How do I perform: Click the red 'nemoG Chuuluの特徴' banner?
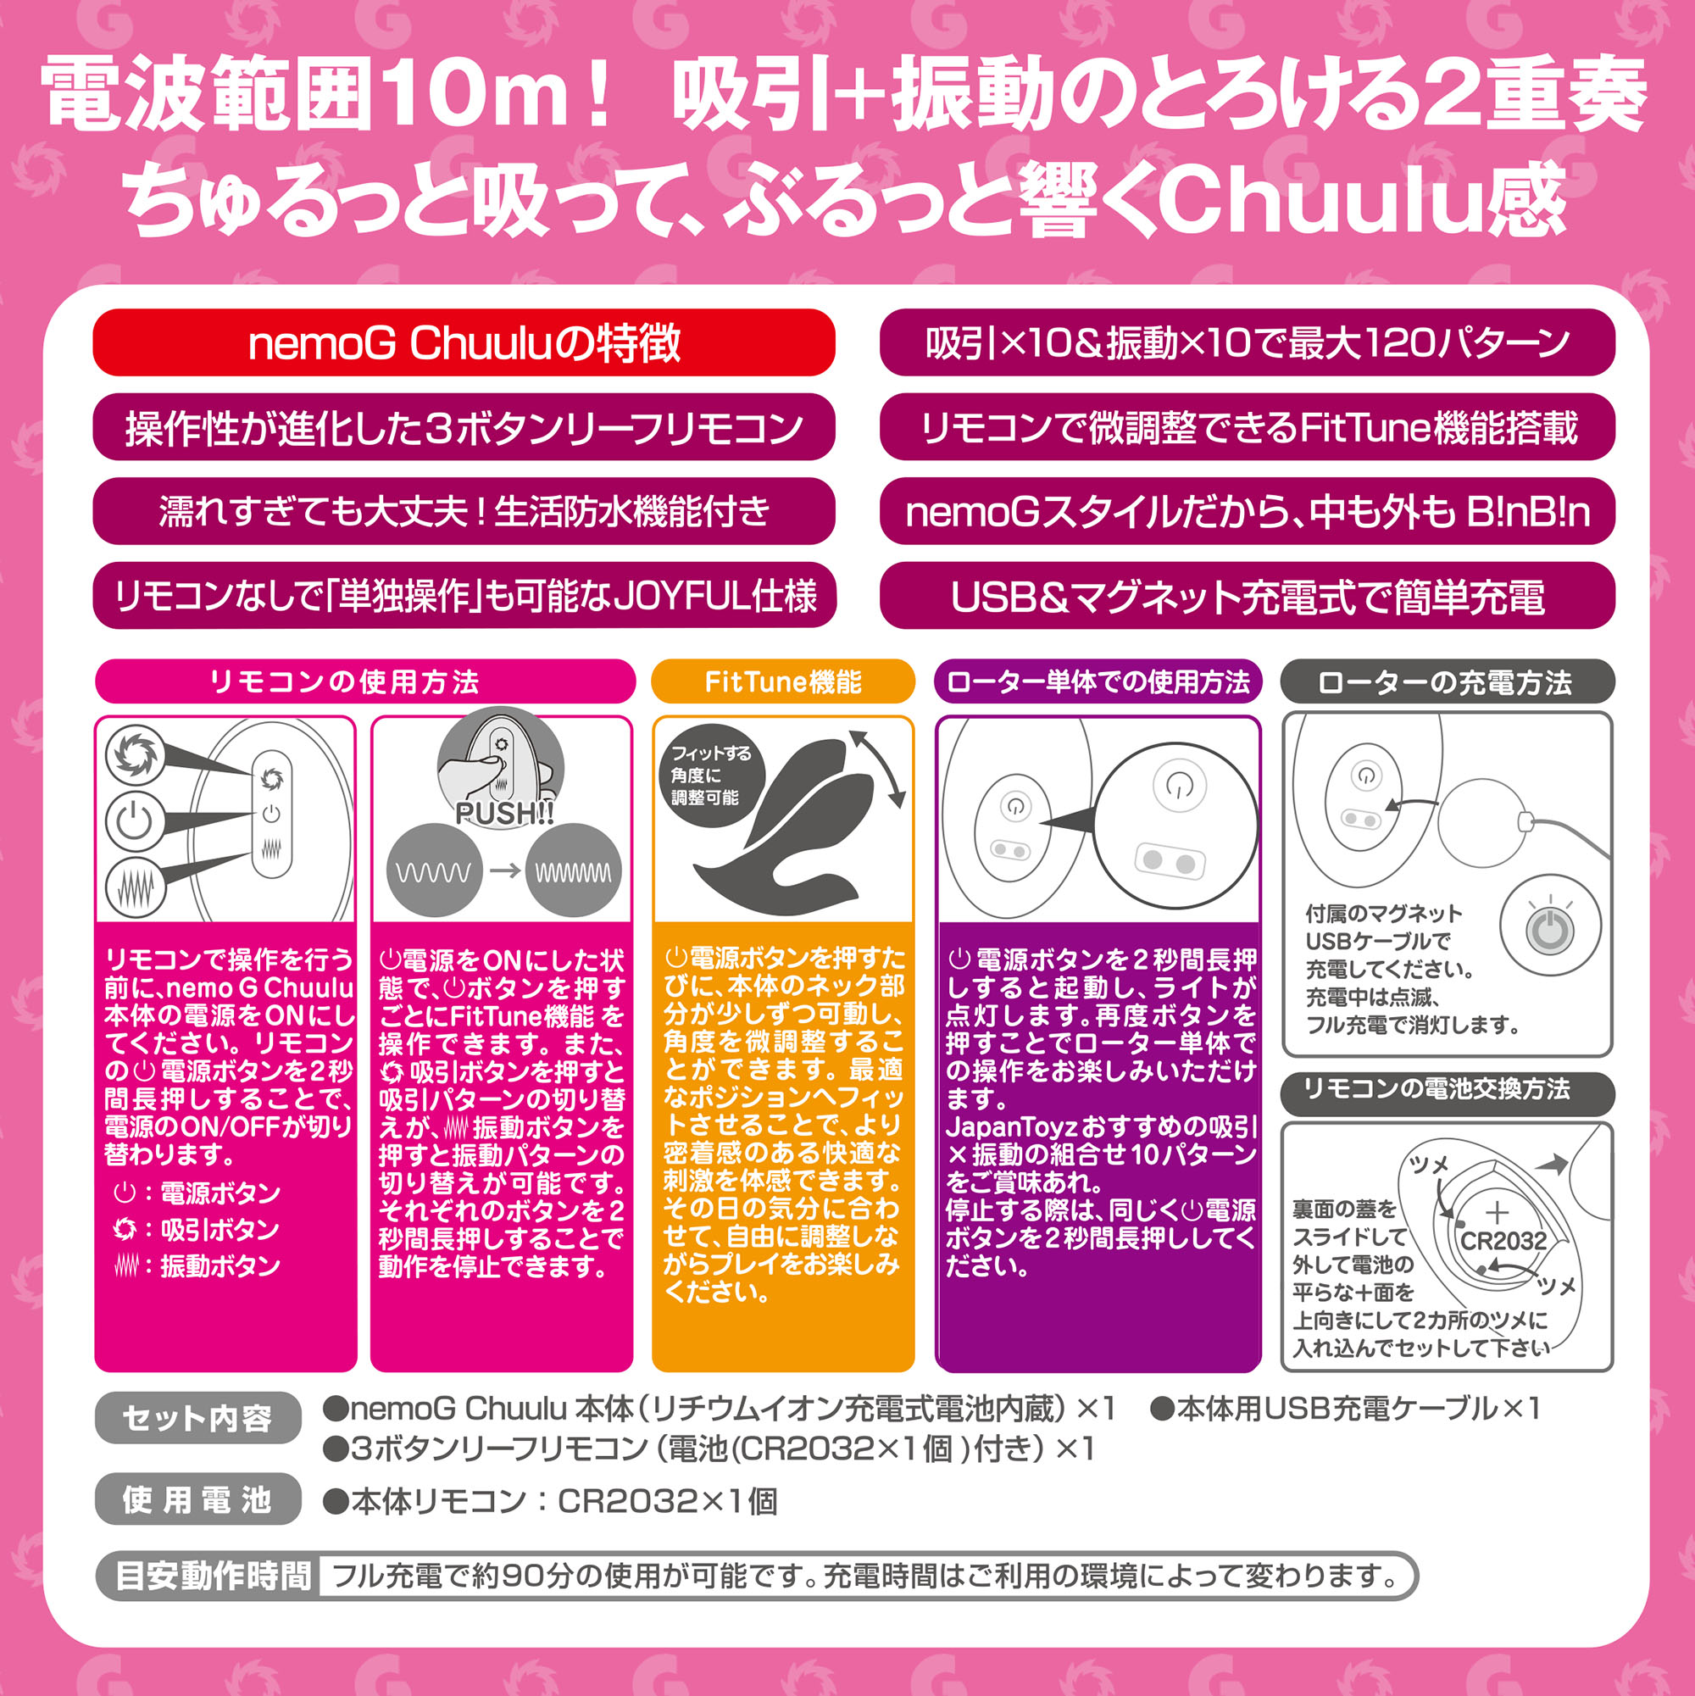[464, 342]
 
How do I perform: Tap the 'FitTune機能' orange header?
[783, 682]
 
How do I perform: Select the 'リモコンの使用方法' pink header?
[364, 682]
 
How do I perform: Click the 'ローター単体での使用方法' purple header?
[1098, 682]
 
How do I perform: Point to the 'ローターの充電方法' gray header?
[1447, 682]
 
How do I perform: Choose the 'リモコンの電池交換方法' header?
[1447, 1089]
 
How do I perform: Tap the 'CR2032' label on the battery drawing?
[1503, 1241]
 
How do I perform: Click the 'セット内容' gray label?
[197, 1417]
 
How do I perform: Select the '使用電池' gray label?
[197, 1499]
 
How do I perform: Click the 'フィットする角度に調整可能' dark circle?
[712, 776]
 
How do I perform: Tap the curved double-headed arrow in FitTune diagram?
[878, 769]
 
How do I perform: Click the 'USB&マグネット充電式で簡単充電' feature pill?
[1247, 596]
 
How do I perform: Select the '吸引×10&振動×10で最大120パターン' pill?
[1247, 342]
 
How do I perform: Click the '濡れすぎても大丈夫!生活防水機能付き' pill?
[464, 511]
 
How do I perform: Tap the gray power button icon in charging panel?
[1549, 930]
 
